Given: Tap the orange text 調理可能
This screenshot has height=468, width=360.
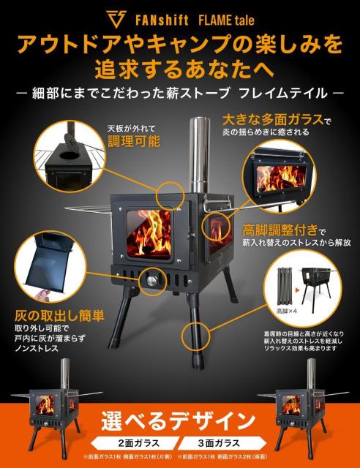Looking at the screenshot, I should point(132,141).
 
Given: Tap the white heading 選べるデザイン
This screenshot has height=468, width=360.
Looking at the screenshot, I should point(179,420).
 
